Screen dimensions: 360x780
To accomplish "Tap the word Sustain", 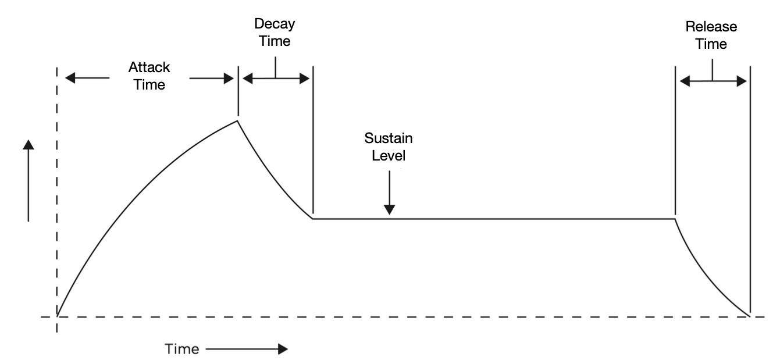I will coord(389,138).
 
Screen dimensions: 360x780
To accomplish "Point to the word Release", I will coord(711,27).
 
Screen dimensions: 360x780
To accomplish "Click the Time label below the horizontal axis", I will coord(182,349).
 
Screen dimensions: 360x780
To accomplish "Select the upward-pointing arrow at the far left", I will coord(28,180).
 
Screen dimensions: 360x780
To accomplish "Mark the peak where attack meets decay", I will coord(237,120).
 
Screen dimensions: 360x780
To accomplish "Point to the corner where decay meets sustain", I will coord(313,219).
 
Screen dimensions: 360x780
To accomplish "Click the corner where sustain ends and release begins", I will coord(675,219).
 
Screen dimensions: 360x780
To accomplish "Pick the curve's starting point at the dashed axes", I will coord(57,316).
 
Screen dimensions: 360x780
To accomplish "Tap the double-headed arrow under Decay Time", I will coord(276,78).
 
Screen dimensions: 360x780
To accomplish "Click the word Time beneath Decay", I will coord(273,41).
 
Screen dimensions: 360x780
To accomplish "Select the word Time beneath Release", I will coord(711,44).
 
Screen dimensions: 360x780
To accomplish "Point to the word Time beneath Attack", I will coord(149,84).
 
